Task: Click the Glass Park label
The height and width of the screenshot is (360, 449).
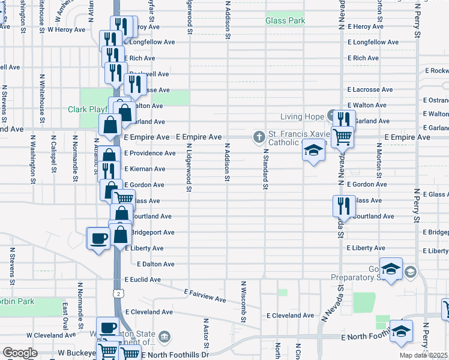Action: pos(285,21)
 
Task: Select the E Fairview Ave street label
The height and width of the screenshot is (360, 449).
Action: pos(205,295)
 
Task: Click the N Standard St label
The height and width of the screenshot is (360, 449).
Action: pos(265,167)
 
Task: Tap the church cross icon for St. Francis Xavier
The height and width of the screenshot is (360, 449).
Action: pos(260,137)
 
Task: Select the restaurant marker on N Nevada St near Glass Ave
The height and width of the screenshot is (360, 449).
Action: pos(340,205)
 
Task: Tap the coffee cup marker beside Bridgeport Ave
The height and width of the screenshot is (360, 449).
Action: pos(98,238)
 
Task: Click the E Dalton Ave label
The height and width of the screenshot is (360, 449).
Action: pos(155,264)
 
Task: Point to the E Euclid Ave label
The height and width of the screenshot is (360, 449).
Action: pos(143,280)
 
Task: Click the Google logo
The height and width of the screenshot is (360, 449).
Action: pos(20,353)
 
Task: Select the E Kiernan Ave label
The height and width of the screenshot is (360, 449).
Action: pos(145,169)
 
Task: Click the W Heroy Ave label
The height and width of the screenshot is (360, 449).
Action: pos(66,29)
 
